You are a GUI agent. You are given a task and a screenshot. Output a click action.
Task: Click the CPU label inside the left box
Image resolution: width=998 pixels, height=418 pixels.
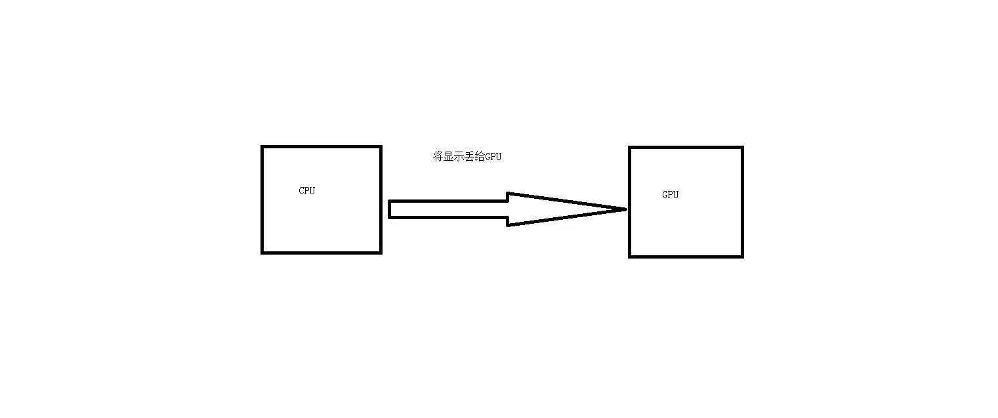306,191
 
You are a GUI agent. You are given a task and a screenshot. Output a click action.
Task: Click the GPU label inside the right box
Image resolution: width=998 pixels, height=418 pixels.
670,194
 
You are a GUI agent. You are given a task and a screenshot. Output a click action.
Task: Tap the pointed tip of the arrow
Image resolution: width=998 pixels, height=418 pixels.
625,209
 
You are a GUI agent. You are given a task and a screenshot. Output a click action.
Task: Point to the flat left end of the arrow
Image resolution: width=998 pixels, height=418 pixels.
390,209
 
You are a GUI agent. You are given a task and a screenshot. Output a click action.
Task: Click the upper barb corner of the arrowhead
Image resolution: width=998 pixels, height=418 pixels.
509,194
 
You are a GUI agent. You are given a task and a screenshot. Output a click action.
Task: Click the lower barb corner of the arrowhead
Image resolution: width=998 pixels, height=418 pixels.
509,225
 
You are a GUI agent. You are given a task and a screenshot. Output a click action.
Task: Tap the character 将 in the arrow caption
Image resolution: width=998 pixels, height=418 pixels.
438,157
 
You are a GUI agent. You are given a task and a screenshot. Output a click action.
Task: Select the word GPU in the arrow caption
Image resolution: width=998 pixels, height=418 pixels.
493,157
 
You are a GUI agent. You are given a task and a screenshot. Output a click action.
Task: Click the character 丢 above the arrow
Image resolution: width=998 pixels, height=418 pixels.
470,157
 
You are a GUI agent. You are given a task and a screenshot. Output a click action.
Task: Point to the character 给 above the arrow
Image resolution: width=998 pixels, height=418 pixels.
480,157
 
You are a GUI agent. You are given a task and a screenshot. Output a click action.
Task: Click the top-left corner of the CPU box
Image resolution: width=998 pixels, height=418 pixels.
262,147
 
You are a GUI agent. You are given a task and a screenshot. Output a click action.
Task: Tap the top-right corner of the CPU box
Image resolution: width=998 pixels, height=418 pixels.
381,147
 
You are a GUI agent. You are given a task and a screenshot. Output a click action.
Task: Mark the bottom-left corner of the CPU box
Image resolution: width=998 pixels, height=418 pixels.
262,252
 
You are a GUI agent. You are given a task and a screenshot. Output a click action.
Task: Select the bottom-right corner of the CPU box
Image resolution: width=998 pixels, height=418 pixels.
381,252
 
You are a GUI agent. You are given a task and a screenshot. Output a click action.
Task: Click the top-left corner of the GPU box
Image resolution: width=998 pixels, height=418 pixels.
630,148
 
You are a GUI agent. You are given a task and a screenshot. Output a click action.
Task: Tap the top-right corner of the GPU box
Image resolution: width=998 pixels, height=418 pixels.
742,148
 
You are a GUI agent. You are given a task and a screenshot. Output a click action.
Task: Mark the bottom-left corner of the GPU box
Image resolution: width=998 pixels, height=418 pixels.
630,256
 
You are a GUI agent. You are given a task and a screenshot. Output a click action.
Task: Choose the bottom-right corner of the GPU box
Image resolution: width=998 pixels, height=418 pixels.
742,256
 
